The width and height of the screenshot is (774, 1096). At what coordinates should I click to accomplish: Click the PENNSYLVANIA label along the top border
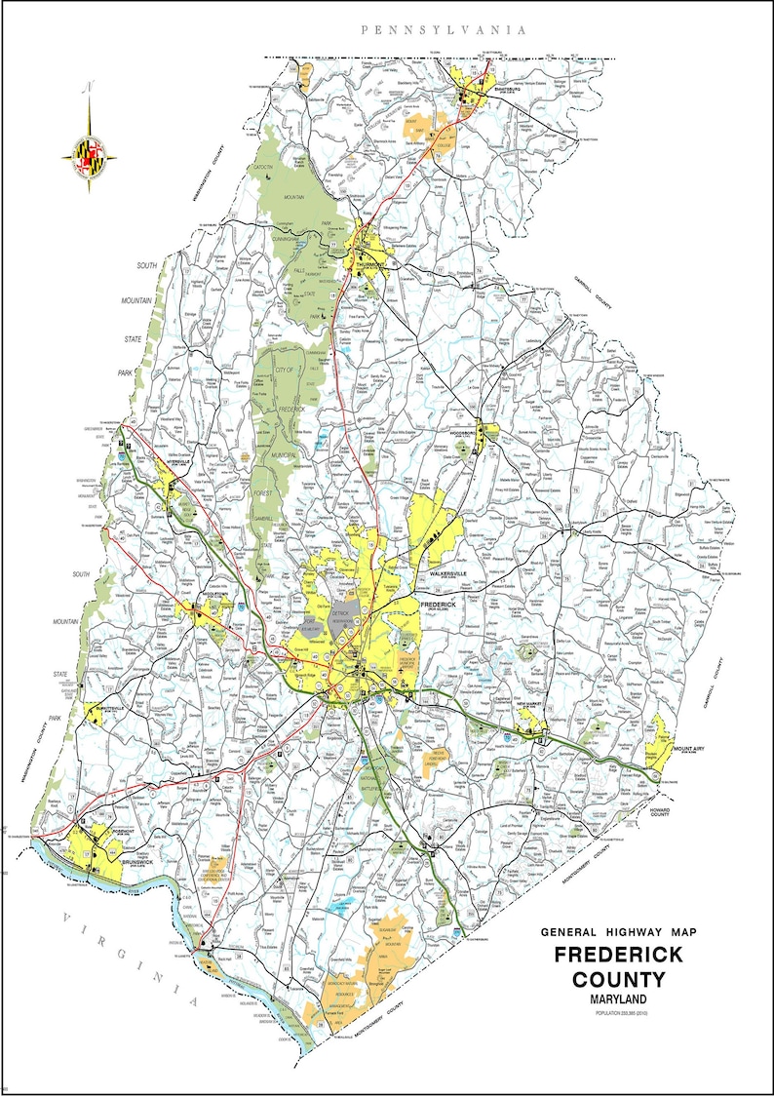pyautogui.click(x=444, y=30)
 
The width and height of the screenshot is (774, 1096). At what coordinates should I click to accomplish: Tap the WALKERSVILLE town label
pyautogui.click(x=436, y=574)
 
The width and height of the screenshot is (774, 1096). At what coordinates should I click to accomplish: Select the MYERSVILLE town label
pyautogui.click(x=169, y=462)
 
